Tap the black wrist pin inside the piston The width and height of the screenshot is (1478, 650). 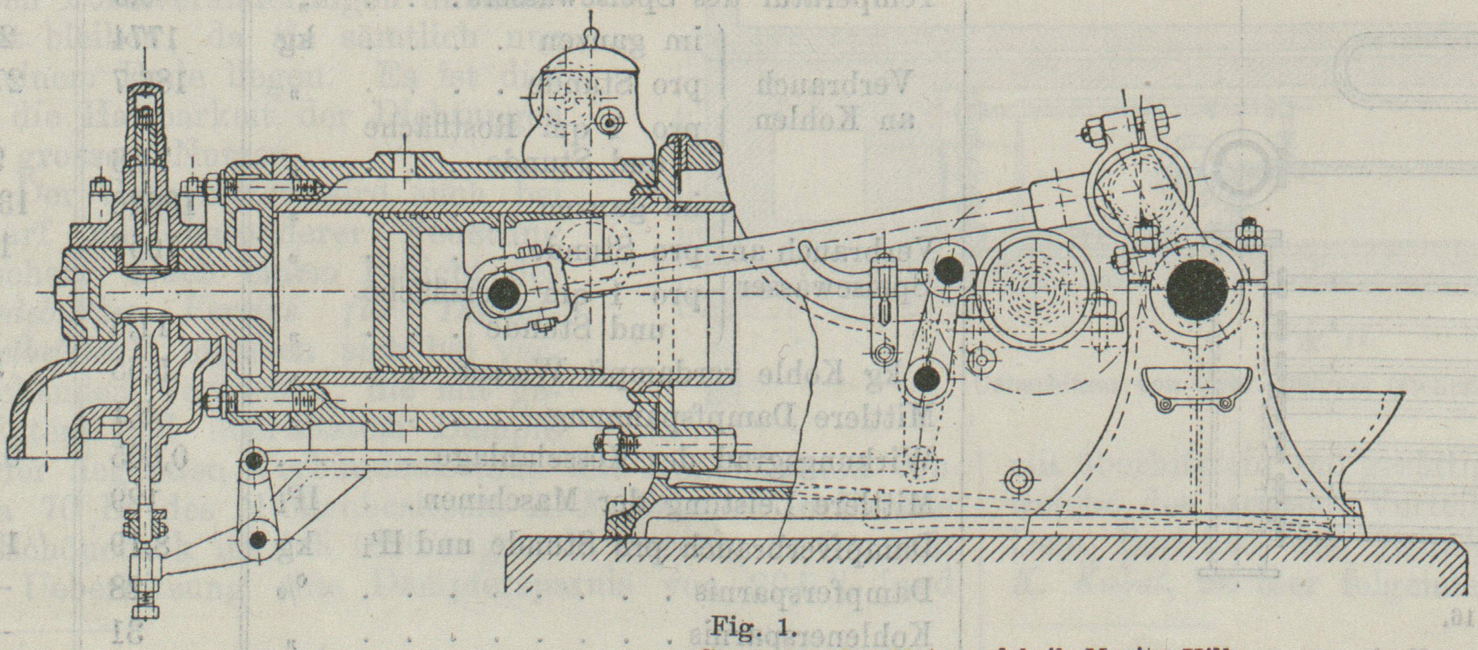(503, 294)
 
